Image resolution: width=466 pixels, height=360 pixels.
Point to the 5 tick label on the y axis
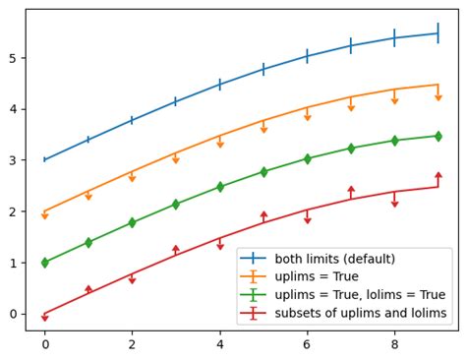pos(15,58)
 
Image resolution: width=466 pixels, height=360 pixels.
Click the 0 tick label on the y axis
pos(15,314)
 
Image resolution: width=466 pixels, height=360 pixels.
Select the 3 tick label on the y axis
pos(15,160)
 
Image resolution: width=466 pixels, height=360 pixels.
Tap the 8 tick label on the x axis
pos(394,344)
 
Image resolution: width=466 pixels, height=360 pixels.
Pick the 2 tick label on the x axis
pos(132,344)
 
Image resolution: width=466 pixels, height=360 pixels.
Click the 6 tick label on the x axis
pos(307,344)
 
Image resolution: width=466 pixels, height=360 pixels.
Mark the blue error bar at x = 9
pos(438,33)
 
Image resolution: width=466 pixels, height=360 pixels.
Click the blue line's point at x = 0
pos(44,159)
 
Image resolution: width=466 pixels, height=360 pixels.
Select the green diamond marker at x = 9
pos(438,136)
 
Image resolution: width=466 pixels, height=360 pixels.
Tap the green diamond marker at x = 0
pos(44,263)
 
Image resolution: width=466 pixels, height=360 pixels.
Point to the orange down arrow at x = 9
pos(438,96)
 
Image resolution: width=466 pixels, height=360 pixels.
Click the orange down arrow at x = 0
pos(44,215)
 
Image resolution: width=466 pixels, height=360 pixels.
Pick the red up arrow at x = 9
pos(438,176)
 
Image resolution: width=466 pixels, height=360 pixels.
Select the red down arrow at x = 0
pos(44,318)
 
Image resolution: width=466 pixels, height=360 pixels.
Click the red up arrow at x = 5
pos(263,214)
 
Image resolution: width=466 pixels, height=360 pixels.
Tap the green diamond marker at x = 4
pos(219,187)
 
